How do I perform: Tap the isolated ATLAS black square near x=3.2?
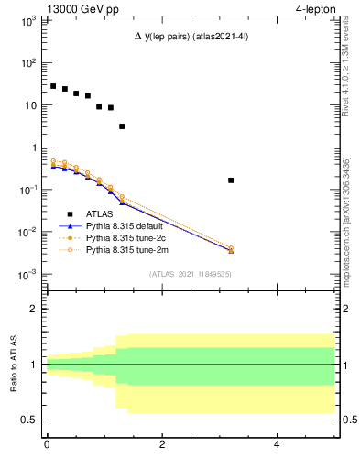pos(231,180)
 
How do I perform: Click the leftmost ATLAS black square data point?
pos(53,86)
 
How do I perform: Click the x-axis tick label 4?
pos(277,446)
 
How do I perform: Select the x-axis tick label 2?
pos(162,446)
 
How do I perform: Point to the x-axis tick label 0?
pos(47,446)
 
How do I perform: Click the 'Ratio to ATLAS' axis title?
pos(16,364)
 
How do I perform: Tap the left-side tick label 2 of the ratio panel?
pos(32,309)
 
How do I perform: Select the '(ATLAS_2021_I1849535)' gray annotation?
pos(189,273)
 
